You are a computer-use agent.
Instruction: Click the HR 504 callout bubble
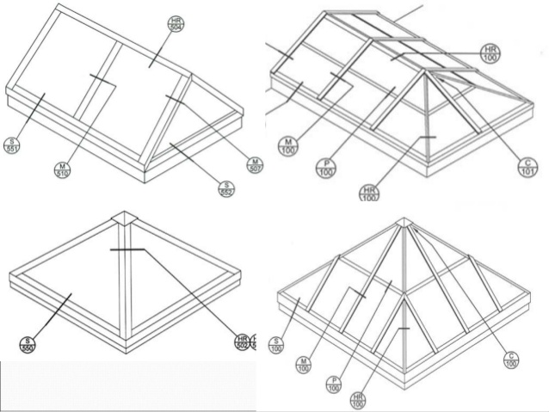(175, 22)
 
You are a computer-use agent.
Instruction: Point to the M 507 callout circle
(254, 164)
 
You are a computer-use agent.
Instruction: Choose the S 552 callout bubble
(227, 188)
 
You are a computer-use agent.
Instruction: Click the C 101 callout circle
(527, 167)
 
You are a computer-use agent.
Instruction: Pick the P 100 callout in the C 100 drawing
(332, 384)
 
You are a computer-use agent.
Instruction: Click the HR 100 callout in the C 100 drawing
(358, 400)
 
